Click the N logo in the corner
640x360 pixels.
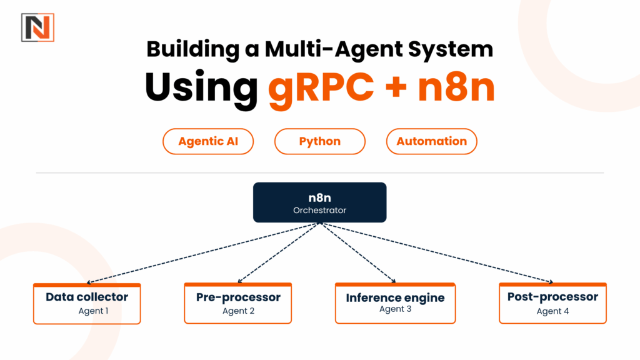(37, 27)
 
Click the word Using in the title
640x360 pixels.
(201, 87)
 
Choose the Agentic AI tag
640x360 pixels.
(208, 141)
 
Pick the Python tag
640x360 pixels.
(319, 141)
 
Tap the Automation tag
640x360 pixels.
(431, 141)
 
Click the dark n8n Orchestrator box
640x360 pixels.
(319, 202)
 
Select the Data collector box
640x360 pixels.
(87, 304)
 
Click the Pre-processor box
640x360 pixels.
(238, 304)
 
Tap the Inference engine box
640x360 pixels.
(395, 304)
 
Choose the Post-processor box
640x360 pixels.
(552, 304)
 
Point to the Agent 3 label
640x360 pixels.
(395, 309)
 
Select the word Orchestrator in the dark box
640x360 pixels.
(319, 211)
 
